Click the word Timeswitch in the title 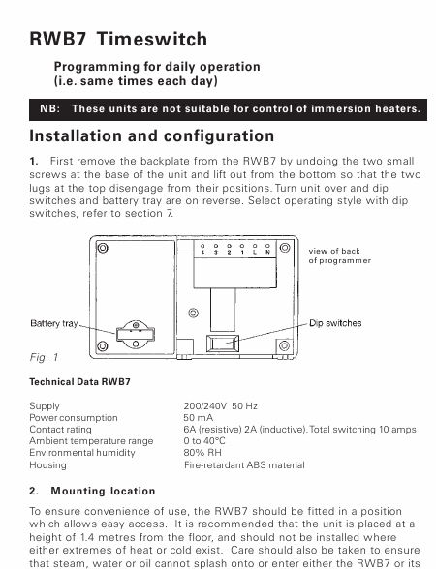[x=152, y=39]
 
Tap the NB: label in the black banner [x=50, y=108]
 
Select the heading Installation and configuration [x=151, y=136]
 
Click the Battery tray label [x=54, y=323]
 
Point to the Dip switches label [x=335, y=323]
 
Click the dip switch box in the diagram [x=223, y=344]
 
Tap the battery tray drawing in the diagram [x=136, y=334]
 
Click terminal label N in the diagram [x=267, y=252]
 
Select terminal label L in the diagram [x=255, y=252]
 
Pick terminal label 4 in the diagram [x=202, y=252]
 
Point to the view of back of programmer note [x=340, y=255]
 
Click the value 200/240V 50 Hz [x=220, y=406]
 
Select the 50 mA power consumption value [x=198, y=418]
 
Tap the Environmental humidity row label [x=82, y=453]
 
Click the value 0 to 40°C [x=204, y=441]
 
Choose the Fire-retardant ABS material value [x=244, y=464]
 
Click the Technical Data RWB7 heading [x=79, y=381]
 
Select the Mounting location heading [x=103, y=491]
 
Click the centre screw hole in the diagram [x=194, y=313]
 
